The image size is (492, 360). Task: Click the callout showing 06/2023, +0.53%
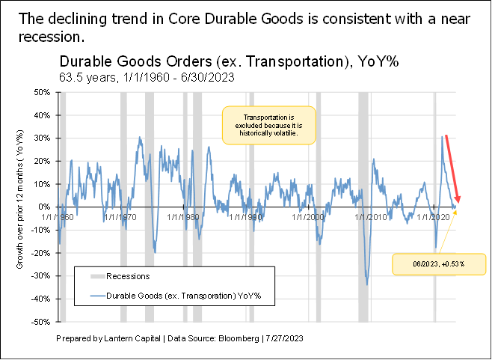point(439,263)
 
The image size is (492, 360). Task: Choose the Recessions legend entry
point(126,277)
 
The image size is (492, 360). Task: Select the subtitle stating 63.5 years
point(143,76)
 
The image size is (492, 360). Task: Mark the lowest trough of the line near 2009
point(366,284)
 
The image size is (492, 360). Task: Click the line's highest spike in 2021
point(441,137)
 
